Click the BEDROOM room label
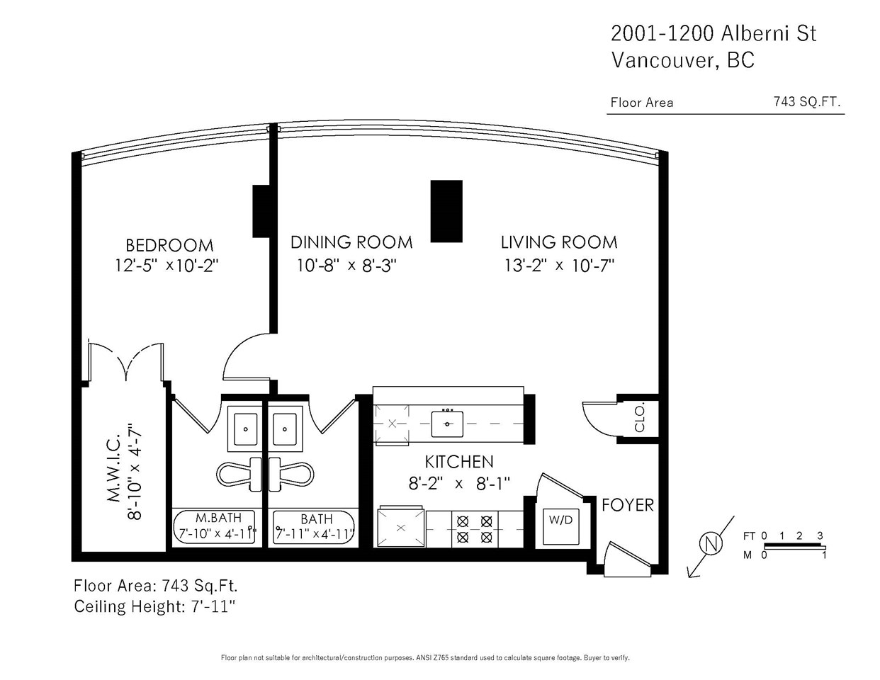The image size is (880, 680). pyautogui.click(x=169, y=246)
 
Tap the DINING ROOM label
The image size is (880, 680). pyautogui.click(x=351, y=242)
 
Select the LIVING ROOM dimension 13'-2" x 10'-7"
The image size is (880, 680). pyautogui.click(x=559, y=266)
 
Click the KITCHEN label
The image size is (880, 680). pyautogui.click(x=459, y=462)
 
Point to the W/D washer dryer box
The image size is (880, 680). pyautogui.click(x=560, y=526)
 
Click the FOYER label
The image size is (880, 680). pyautogui.click(x=627, y=505)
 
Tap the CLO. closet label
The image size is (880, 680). pyautogui.click(x=640, y=419)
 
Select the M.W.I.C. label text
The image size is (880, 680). pyautogui.click(x=115, y=468)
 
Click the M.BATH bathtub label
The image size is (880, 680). pyautogui.click(x=218, y=518)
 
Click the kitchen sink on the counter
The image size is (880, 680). pyautogui.click(x=447, y=424)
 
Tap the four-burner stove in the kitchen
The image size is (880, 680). pyautogui.click(x=475, y=529)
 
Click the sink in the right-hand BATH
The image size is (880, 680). pyautogui.click(x=285, y=429)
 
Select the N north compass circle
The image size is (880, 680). pyautogui.click(x=711, y=543)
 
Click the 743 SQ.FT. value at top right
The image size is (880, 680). pyautogui.click(x=807, y=101)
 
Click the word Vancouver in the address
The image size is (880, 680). pyautogui.click(x=665, y=60)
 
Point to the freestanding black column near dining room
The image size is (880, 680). pyautogui.click(x=446, y=211)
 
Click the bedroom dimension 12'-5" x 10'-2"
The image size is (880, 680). pyautogui.click(x=167, y=266)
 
